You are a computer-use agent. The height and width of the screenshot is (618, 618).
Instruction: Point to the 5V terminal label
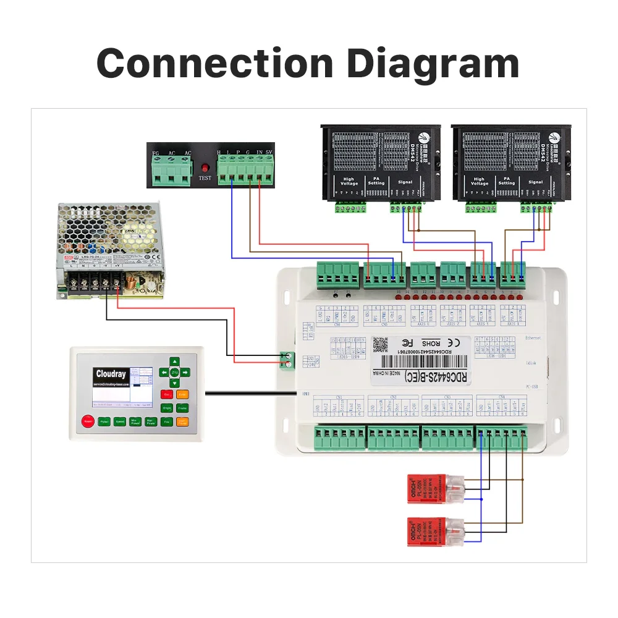pyautogui.click(x=269, y=152)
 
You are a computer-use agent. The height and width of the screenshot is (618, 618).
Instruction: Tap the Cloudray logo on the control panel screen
pyautogui.click(x=111, y=374)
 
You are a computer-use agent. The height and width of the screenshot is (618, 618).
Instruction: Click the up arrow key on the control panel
pyautogui.click(x=175, y=362)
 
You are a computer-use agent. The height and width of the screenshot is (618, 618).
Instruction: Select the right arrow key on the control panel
pyautogui.click(x=185, y=372)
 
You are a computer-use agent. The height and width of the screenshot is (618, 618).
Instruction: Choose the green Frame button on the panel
pyautogui.click(x=182, y=408)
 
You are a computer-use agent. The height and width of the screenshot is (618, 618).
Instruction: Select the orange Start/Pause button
pyautogui.click(x=182, y=422)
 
